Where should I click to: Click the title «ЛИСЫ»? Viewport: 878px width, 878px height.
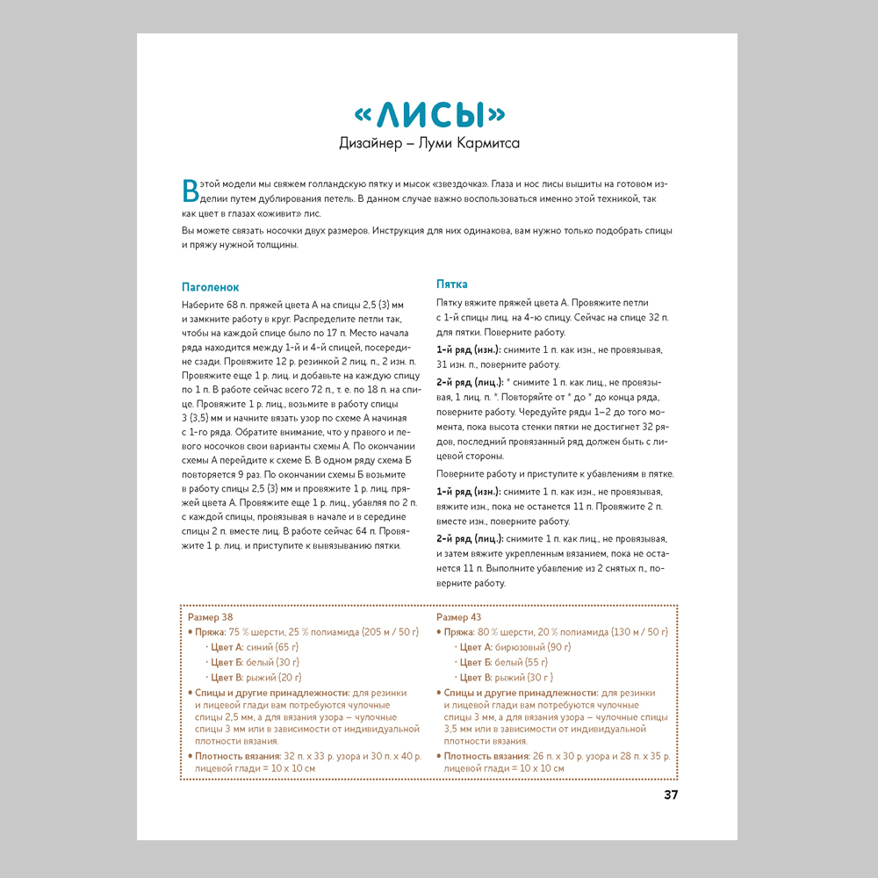tap(429, 115)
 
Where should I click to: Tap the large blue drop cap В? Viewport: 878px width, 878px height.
tap(190, 191)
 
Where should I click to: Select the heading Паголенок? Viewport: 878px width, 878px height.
tap(210, 287)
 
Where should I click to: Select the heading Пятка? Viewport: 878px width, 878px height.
tap(452, 284)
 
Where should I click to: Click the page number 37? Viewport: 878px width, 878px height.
tap(671, 795)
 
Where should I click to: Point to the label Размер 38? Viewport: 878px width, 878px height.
tap(211, 617)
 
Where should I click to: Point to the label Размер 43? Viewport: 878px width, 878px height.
tap(458, 617)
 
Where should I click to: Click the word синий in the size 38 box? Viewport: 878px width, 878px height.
tap(260, 647)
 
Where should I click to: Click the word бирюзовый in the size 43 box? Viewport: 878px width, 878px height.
tap(521, 647)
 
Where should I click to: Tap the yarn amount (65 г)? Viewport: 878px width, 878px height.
tap(287, 647)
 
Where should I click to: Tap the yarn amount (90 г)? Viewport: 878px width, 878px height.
tap(558, 647)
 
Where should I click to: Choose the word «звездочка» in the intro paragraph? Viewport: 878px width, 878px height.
tap(455, 186)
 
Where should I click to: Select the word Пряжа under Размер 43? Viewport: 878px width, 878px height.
tap(458, 632)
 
